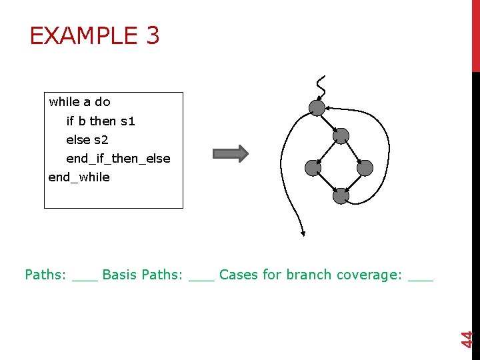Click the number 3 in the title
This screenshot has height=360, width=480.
pos(151,35)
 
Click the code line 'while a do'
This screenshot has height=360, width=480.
pos(79,102)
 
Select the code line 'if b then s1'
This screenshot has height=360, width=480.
pos(101,121)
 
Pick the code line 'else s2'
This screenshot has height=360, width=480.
pos(87,140)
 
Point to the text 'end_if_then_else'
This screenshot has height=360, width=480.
pos(118,159)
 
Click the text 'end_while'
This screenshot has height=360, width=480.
pos(79,177)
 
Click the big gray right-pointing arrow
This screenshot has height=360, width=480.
pos(230,154)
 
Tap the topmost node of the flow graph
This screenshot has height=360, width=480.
pos(317,107)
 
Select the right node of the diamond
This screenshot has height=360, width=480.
pos(365,168)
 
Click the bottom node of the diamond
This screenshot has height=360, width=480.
pos(341,196)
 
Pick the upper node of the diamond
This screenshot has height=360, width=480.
pos(341,136)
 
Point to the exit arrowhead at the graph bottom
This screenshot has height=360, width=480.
pos(303,233)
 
